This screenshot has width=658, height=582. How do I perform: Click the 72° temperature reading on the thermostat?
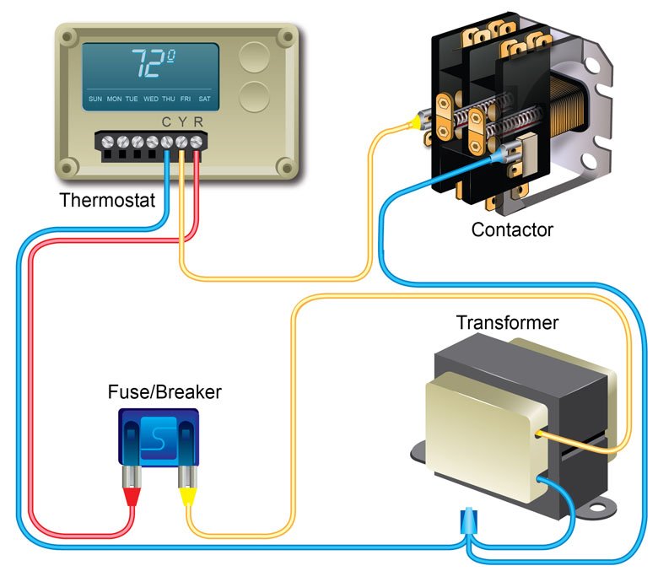click(153, 63)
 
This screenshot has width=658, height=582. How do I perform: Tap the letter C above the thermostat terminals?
click(166, 122)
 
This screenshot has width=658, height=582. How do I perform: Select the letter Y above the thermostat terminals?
click(182, 122)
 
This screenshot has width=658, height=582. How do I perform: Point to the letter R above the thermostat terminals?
click(198, 122)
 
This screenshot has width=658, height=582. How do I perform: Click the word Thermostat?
click(107, 200)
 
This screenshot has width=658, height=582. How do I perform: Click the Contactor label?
click(512, 229)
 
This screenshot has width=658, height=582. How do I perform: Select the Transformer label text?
click(507, 323)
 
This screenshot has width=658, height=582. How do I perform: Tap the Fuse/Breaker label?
click(164, 392)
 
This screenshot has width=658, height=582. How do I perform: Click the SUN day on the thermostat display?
click(95, 99)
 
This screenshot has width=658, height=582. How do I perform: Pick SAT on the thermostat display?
click(204, 99)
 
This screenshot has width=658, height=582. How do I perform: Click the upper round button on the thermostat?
click(254, 57)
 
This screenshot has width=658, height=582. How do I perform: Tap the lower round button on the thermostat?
click(254, 96)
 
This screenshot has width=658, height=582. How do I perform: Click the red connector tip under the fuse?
click(132, 497)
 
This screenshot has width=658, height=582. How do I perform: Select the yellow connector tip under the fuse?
click(187, 497)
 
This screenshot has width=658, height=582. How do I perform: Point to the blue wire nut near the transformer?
click(468, 521)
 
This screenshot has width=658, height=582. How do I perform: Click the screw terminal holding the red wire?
click(196, 143)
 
